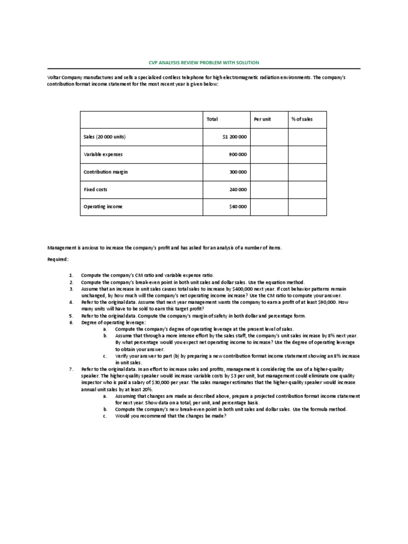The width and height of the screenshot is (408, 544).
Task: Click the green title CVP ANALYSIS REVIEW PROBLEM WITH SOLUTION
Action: pyautogui.click(x=203, y=63)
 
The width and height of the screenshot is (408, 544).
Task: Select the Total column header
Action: pyautogui.click(x=212, y=119)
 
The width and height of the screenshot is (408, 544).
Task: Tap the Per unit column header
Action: pyautogui.click(x=262, y=119)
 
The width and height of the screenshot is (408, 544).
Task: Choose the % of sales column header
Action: pyautogui.click(x=302, y=119)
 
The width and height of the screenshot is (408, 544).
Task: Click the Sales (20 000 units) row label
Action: pyautogui.click(x=105, y=137)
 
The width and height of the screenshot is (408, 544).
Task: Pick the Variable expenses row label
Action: pyautogui.click(x=103, y=155)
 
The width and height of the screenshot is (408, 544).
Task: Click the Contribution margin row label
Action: pyautogui.click(x=106, y=172)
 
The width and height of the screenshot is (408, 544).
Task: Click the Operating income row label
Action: pyautogui.click(x=103, y=207)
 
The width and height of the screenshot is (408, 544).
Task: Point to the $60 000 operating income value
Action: pyautogui.click(x=238, y=207)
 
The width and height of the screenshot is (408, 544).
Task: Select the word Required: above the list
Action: pyautogui.click(x=58, y=259)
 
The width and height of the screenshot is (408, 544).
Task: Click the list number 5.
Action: pyautogui.click(x=71, y=316)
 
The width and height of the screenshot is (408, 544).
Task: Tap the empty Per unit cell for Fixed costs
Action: pyautogui.click(x=269, y=189)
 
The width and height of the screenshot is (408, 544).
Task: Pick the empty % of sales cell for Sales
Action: pyautogui.click(x=307, y=137)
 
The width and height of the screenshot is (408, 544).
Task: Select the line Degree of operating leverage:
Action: pyautogui.click(x=113, y=322)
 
